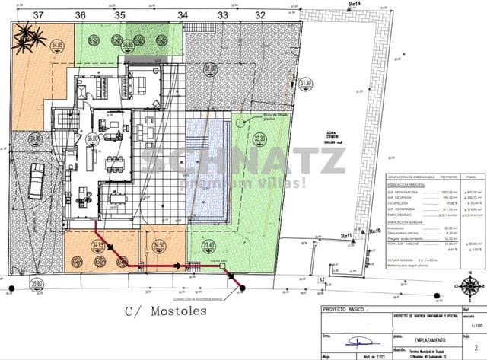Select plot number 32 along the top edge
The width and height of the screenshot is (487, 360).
pyautogui.click(x=260, y=14)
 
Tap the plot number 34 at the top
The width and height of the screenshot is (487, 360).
pyautogui.click(x=182, y=14)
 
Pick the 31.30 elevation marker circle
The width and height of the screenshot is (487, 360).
pyautogui.click(x=306, y=84)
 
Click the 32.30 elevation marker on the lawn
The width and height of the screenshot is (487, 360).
pyautogui.click(x=259, y=139)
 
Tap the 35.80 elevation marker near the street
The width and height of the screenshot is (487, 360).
pyautogui.click(x=36, y=284)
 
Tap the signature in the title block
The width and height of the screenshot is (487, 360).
pyautogui.click(x=352, y=340)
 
